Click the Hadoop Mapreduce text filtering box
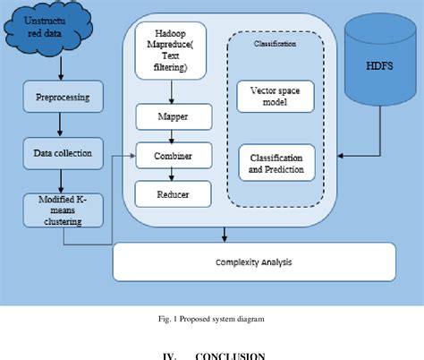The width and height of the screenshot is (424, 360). coord(173,54)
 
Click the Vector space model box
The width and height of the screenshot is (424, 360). coord(276,98)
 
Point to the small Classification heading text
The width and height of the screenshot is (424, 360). coord(276,44)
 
